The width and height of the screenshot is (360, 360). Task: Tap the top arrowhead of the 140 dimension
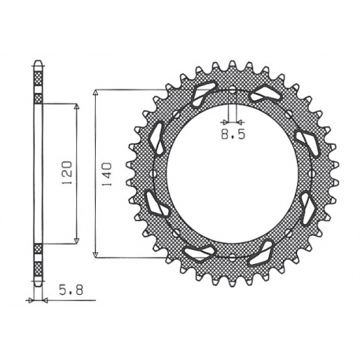pyautogui.click(x=95, y=92)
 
